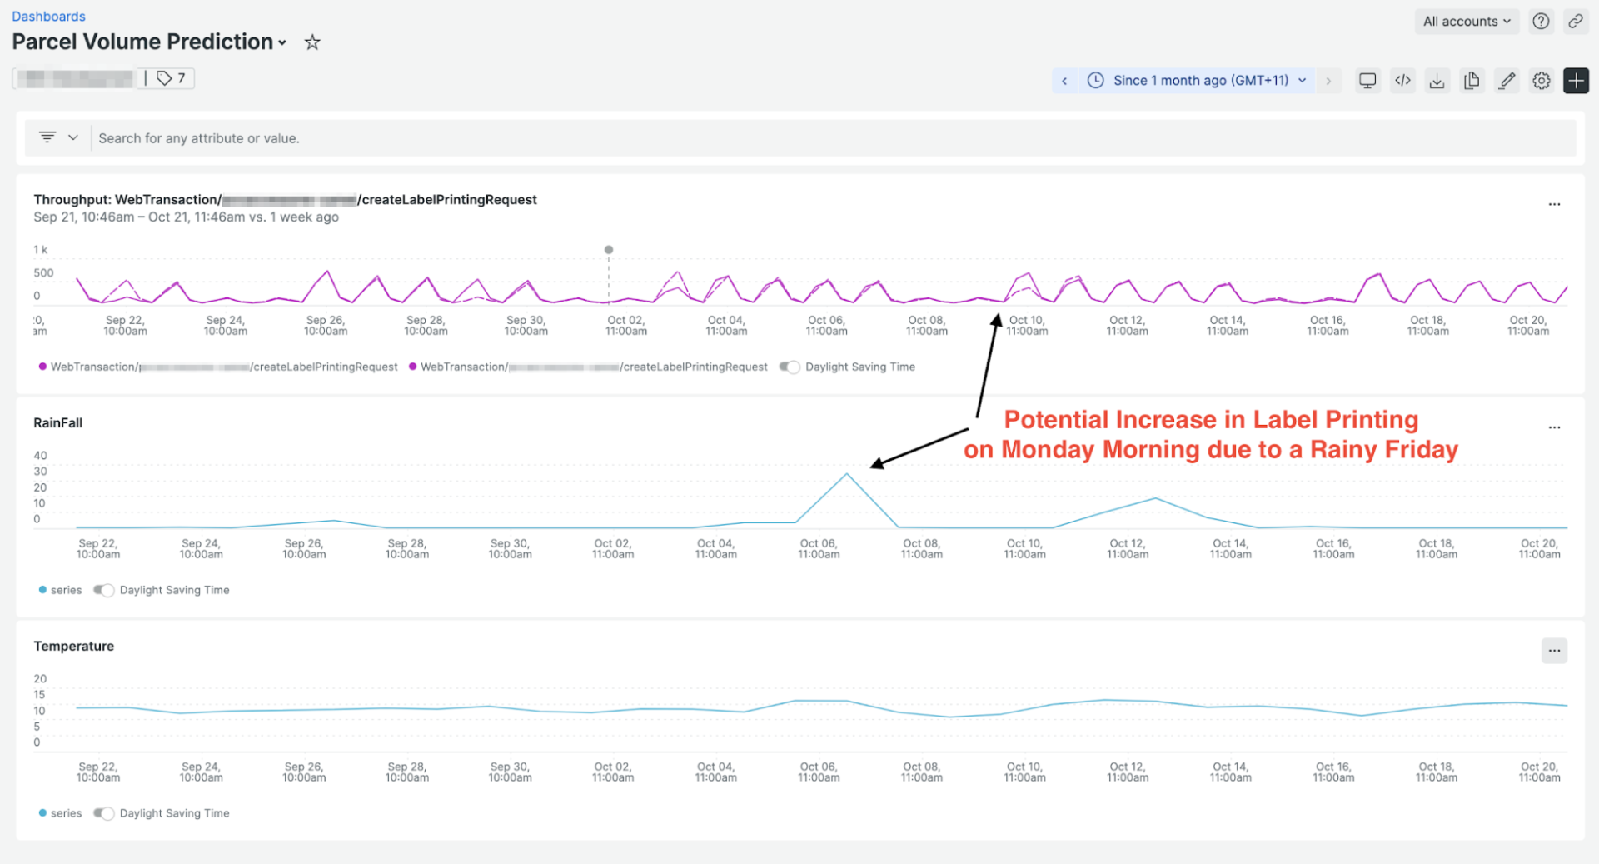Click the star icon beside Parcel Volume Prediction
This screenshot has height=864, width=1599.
coord(312,42)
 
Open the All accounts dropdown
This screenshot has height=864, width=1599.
coord(1466,22)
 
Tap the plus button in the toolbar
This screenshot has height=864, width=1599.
coord(1576,81)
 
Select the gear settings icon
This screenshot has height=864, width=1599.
coord(1542,81)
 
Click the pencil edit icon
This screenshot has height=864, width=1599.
coord(1507,81)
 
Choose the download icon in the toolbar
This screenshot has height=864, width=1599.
coord(1437,81)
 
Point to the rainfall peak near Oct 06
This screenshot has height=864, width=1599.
coord(847,474)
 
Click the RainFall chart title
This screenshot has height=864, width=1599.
coord(58,423)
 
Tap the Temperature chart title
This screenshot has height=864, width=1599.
coord(74,647)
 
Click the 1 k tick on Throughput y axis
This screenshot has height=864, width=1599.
coord(40,250)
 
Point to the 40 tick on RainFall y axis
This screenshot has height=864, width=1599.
coord(40,456)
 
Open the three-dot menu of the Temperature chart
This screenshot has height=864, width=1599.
coord(1554,651)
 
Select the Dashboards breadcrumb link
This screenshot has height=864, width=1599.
coord(48,17)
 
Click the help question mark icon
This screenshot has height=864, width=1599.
coord(1541,22)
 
